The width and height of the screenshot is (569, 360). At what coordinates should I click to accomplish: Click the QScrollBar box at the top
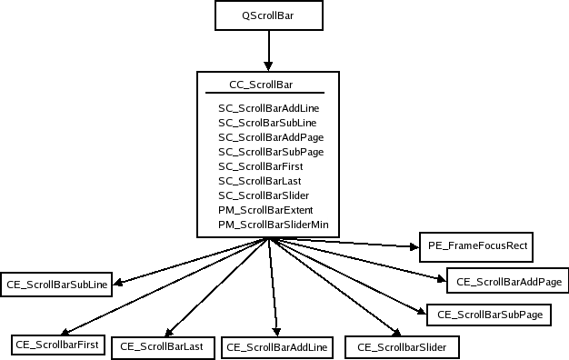[x=267, y=15]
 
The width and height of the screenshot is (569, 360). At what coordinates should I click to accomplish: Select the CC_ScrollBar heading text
[x=263, y=85]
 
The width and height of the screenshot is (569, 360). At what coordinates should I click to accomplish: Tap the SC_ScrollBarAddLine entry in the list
[x=268, y=108]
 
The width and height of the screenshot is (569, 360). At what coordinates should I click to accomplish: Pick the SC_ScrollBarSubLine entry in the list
[x=268, y=123]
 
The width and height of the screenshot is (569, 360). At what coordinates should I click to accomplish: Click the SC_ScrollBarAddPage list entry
[x=270, y=137]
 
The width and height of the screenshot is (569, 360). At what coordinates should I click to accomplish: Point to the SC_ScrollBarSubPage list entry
[x=270, y=152]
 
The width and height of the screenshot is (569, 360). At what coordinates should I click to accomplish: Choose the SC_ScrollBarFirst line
[x=261, y=166]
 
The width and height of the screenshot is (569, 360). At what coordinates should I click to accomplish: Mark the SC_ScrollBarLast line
[x=260, y=181]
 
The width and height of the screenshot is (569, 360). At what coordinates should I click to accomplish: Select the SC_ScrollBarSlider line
[x=264, y=195]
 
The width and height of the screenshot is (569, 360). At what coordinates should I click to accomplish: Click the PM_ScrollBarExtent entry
[x=265, y=210]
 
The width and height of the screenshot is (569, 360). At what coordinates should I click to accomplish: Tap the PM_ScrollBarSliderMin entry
[x=273, y=225]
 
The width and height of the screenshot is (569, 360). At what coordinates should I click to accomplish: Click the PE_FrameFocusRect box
[x=476, y=245]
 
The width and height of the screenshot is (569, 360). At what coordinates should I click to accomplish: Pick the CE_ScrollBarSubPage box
[x=489, y=314]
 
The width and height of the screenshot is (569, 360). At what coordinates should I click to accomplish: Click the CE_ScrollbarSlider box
[x=401, y=346]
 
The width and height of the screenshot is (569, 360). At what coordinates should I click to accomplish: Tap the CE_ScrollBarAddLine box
[x=278, y=347]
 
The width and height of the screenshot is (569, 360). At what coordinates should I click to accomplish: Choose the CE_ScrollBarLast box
[x=162, y=346]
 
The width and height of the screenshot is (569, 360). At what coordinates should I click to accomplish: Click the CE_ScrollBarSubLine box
[x=56, y=285]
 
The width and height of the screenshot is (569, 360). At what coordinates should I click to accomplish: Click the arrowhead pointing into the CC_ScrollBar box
[x=267, y=66]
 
